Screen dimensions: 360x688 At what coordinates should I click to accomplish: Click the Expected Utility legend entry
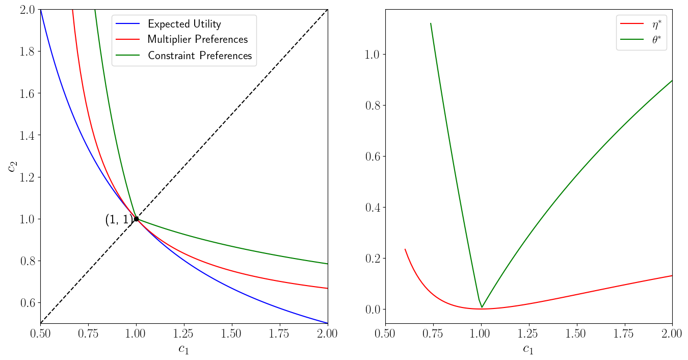pos(184,24)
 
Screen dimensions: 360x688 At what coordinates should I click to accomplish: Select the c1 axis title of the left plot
pos(184,350)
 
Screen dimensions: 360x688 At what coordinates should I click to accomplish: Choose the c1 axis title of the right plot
pos(528,350)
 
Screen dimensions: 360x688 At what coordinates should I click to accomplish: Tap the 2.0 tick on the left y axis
pos(25,10)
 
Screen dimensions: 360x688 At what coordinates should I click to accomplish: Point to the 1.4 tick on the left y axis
pos(25,135)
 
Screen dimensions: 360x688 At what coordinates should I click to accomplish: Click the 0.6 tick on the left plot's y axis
pos(25,303)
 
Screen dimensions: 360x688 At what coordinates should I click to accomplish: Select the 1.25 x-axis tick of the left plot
pos(184,333)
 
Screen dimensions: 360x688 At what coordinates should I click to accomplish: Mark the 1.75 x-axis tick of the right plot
pos(624,333)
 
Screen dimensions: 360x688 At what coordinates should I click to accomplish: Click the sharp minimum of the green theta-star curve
pos(482,307)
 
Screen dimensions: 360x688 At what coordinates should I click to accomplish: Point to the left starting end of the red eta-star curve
pos(405,249)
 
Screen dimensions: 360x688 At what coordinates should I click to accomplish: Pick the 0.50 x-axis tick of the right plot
pos(385,333)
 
